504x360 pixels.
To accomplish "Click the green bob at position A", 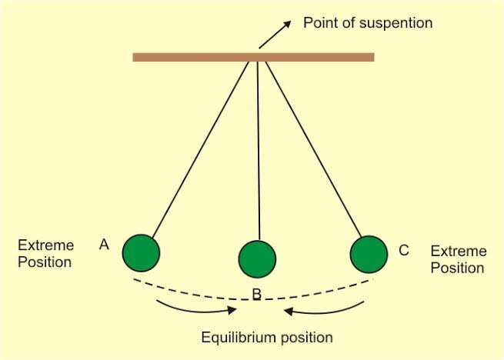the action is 141,253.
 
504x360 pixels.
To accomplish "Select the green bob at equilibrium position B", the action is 257,259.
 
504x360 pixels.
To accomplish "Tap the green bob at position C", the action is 369,255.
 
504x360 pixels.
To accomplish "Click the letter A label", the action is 104,245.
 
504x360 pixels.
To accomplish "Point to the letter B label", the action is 257,294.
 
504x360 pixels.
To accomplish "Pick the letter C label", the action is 404,251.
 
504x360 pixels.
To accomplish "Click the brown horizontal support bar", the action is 254,57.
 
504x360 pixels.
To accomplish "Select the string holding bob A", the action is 201,150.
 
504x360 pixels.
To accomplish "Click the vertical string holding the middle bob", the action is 259,151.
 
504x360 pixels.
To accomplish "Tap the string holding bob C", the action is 314,149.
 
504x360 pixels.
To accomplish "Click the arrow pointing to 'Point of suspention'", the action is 275,35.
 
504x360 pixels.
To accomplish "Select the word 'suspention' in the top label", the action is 396,24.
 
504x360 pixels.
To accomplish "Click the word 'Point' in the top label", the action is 320,23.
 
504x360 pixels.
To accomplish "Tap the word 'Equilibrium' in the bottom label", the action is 239,338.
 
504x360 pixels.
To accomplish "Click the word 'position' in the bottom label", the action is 307,338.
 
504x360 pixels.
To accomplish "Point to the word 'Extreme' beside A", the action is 46,245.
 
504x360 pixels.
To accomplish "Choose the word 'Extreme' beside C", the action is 459,252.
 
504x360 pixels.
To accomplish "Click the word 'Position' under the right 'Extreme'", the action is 457,268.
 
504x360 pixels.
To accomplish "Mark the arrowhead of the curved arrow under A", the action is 232,310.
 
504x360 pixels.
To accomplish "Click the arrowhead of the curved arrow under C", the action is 289,311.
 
